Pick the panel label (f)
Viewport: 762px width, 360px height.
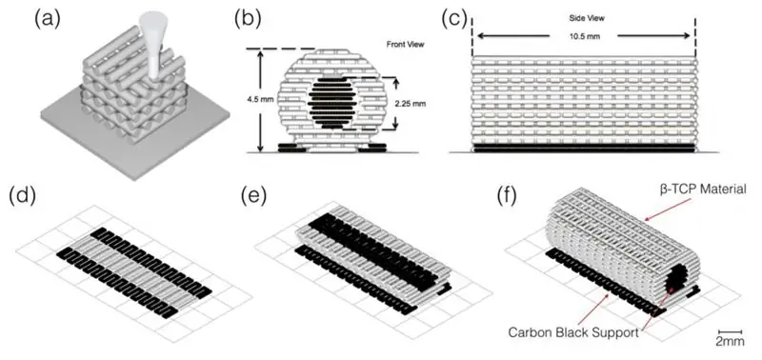coord(511,196)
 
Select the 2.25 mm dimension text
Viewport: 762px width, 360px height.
coord(411,103)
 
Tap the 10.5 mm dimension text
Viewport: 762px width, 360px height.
coord(583,35)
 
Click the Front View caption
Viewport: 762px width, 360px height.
coord(406,44)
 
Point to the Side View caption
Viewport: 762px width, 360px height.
coord(587,18)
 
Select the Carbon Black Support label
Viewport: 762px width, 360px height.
coord(573,332)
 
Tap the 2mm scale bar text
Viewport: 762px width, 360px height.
coord(730,341)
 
